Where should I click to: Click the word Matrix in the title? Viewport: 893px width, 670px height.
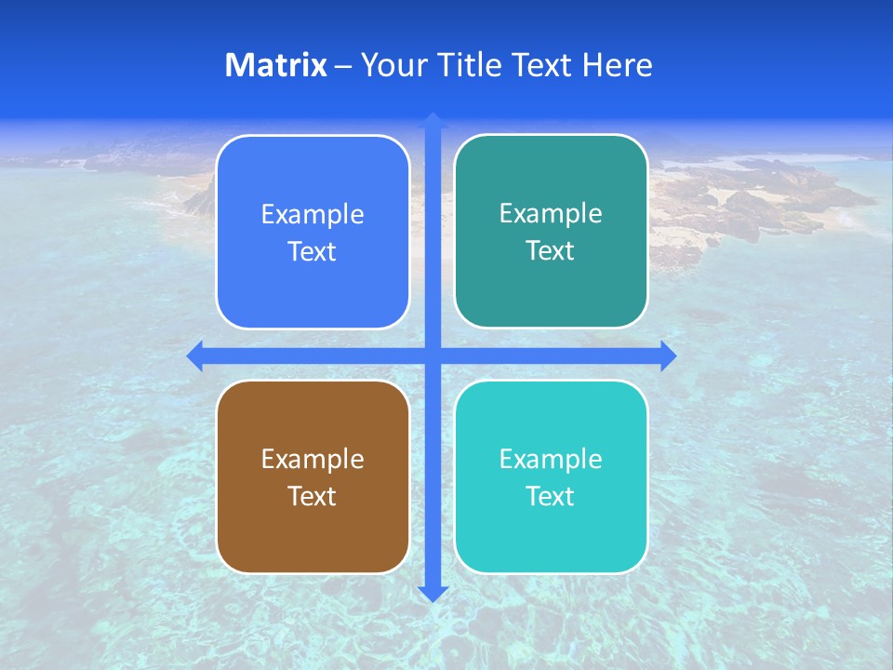coord(275,65)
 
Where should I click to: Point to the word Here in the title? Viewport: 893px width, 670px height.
coord(618,65)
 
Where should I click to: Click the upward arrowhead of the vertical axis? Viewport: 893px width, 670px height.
coord(433,120)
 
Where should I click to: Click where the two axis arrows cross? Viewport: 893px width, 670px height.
coord(433,356)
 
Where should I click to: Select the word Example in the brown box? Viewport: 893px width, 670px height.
coord(313,459)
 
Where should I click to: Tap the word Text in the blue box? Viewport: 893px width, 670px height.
coord(313,251)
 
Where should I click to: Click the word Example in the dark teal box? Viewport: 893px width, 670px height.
coord(551,213)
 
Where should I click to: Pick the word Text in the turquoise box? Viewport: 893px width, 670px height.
coord(551,496)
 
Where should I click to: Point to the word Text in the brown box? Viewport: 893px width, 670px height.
coord(313,496)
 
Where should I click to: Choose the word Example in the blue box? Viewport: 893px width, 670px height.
coord(313,214)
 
